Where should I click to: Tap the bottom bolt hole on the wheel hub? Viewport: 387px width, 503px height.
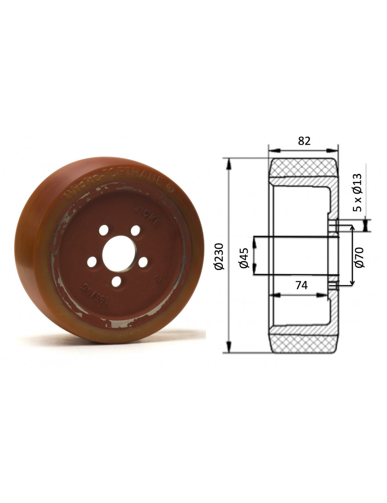click(116, 281)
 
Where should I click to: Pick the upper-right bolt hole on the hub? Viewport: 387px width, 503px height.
click(136, 230)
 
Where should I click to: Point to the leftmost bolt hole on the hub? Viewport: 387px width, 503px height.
click(92, 262)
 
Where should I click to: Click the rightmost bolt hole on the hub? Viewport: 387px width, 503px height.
click(143, 262)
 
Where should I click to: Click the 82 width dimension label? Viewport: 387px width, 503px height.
click(304, 141)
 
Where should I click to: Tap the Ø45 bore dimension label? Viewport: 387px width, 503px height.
click(243, 258)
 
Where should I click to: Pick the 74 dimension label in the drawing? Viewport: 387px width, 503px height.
click(301, 286)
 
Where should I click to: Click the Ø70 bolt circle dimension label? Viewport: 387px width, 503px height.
click(360, 257)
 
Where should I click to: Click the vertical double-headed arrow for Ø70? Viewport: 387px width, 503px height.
click(353, 255)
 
